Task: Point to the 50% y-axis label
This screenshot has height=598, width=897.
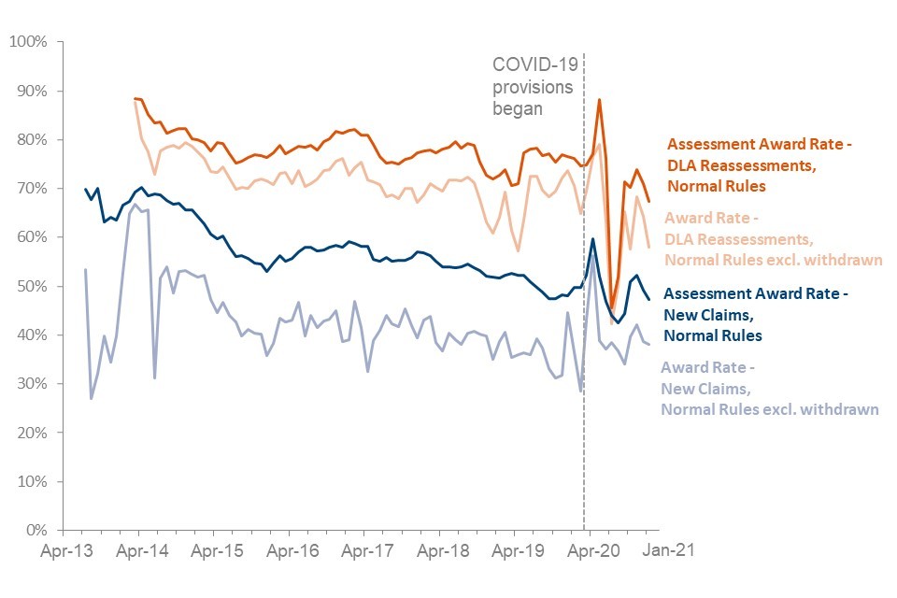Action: point(34,286)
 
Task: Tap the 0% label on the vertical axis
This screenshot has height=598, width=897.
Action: point(37,531)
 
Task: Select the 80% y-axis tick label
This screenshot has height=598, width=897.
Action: point(34,140)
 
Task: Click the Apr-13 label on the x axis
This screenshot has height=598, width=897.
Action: point(65,552)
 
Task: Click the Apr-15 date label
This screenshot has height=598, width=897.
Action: point(218,552)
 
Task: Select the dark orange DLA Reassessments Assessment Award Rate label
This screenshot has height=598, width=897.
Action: point(761,165)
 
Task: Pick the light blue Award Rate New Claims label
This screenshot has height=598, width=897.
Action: point(770,388)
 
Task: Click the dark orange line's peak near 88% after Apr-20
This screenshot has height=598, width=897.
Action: point(599,100)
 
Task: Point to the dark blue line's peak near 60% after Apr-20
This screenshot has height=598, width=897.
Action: point(593,239)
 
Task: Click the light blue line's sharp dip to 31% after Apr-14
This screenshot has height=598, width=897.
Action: point(154,377)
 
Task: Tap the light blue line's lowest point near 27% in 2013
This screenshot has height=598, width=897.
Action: point(92,398)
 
